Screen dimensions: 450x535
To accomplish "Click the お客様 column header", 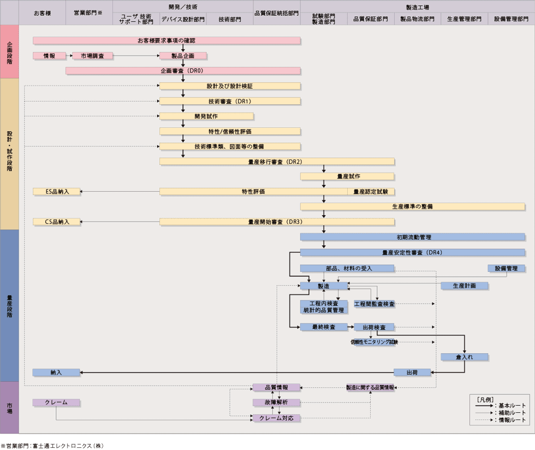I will pos(42,12).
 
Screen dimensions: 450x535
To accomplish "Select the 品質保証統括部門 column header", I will pos(277,12).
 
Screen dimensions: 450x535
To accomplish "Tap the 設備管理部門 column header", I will pos(511,19).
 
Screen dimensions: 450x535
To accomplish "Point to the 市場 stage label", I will pos(9,407).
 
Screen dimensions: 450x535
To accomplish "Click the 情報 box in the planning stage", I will pos(49,56).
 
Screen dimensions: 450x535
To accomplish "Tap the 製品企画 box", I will pos(183,56).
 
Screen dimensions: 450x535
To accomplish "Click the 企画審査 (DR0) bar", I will pos(183,70).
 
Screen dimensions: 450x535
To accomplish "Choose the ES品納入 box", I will pos(56,192).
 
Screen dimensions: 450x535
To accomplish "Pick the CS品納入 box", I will pos(56,222).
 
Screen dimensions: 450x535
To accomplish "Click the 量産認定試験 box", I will pos(371,192).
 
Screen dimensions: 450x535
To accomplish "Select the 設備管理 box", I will pos(506,268).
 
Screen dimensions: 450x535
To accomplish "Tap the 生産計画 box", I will pos(464,286).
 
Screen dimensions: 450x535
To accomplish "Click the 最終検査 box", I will pos(323,327).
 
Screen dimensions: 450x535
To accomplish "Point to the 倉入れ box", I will pos(464,357).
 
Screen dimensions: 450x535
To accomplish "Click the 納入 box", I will pos(56,372).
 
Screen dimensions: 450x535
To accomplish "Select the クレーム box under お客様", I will pos(56,402).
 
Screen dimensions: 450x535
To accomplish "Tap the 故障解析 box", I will pos(276,402).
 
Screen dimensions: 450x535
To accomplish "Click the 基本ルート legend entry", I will pos(499,405).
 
